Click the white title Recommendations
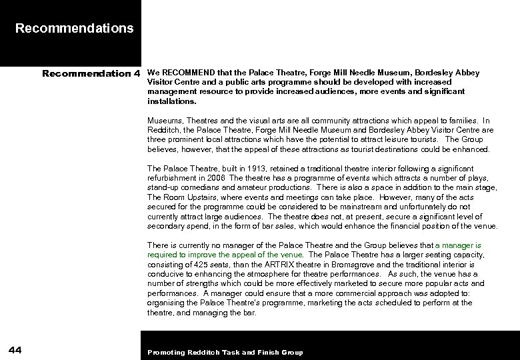coord(74,29)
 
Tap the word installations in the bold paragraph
coord(171,102)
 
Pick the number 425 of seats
coord(199,265)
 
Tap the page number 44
coord(17,351)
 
